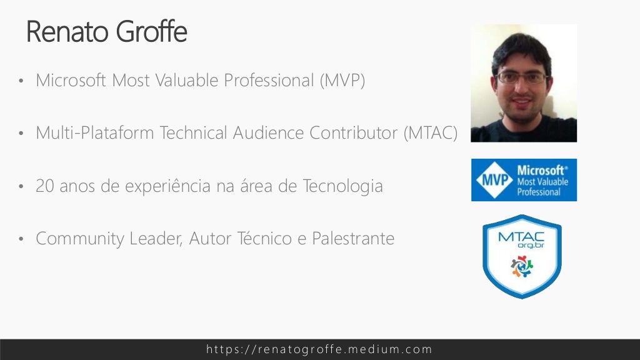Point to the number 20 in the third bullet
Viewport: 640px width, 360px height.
46,186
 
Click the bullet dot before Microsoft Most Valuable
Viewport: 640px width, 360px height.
21,82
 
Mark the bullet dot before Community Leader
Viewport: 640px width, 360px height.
21,240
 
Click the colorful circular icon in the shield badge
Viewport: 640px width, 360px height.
522,266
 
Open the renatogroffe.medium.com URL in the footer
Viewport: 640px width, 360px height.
319,349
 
